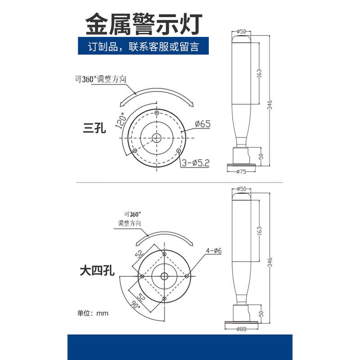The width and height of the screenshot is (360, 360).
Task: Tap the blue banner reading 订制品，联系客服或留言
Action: (143, 47)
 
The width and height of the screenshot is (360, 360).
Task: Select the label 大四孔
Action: (97, 270)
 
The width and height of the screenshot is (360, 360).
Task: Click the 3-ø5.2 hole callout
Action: (196, 163)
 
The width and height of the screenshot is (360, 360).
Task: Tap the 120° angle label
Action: (121, 120)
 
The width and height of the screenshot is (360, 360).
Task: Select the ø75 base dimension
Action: (242, 171)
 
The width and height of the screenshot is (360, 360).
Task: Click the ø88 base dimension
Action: (242, 329)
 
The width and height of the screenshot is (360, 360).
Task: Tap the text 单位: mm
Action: (94, 313)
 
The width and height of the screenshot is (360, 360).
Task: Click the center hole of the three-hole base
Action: (156, 137)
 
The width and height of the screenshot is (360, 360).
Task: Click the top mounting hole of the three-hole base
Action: (156, 112)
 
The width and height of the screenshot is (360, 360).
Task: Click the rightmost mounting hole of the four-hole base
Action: (187, 275)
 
